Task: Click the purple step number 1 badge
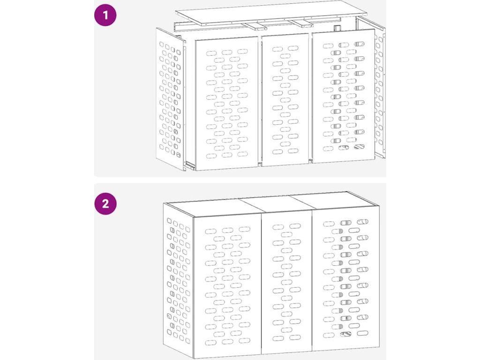pyautogui.click(x=105, y=15)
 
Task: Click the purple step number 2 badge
pyautogui.click(x=105, y=203)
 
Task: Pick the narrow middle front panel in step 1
pyautogui.click(x=285, y=100)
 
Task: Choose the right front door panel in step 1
pyautogui.click(x=344, y=96)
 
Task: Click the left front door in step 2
pyautogui.click(x=228, y=286)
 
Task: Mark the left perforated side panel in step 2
pyautogui.click(x=178, y=280)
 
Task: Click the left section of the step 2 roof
pyautogui.click(x=214, y=207)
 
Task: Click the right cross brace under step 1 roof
pyautogui.click(x=302, y=23)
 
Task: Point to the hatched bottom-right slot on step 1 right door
pyautogui.click(x=359, y=147)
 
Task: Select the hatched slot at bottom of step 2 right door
pyautogui.click(x=346, y=334)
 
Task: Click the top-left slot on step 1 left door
pyautogui.click(x=211, y=53)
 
